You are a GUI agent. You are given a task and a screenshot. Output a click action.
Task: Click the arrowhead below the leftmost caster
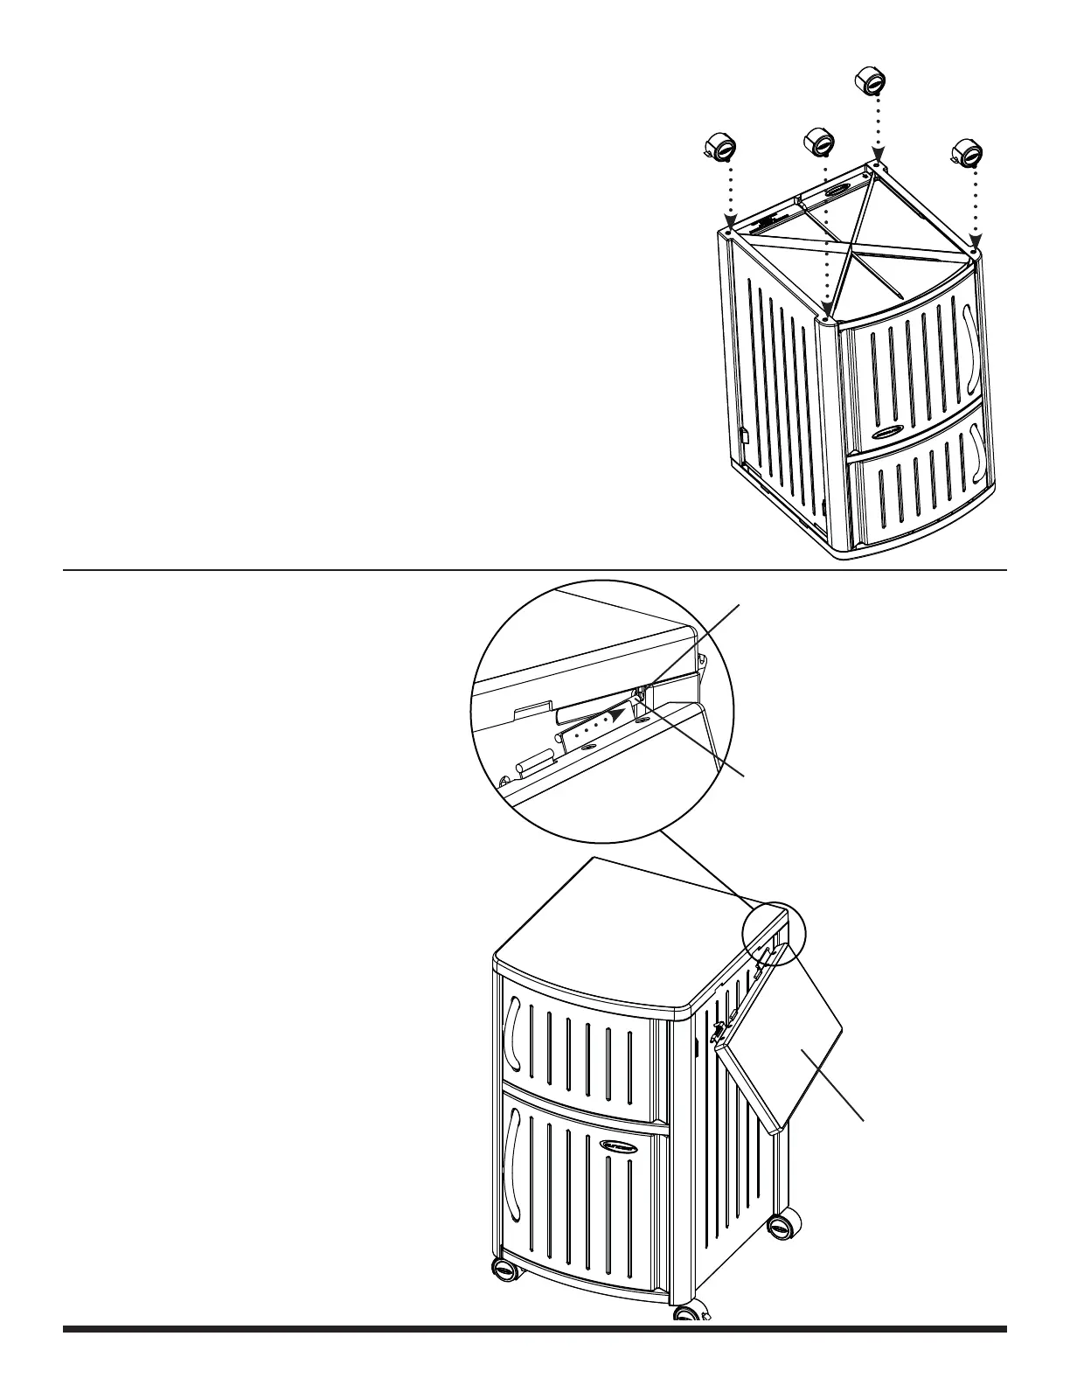(x=730, y=225)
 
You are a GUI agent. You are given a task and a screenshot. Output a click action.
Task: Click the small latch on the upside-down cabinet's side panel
(x=744, y=432)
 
